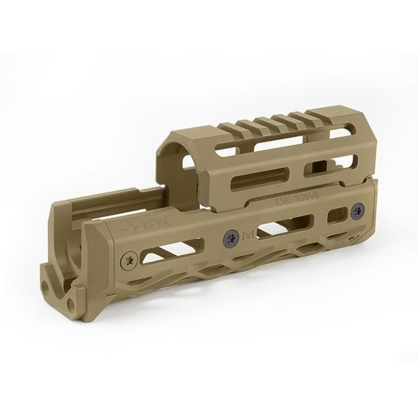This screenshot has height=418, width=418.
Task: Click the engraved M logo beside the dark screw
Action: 247,236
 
